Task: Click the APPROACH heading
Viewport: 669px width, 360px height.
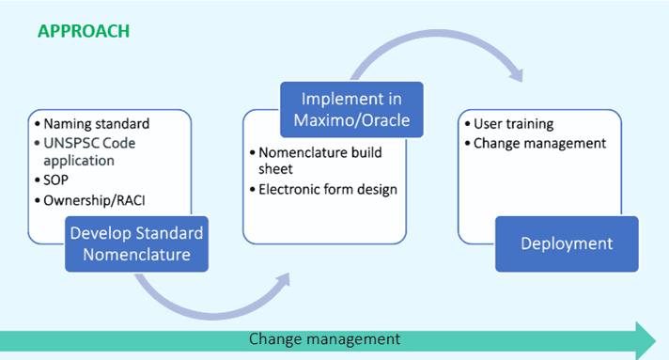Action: [84, 32]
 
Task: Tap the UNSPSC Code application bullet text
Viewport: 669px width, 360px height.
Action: [92, 151]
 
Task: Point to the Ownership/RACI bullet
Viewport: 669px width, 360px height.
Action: [95, 199]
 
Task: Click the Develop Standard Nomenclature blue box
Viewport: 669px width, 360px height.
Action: [135, 242]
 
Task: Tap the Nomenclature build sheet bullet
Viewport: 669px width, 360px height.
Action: [313, 160]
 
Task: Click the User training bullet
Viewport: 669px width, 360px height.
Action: [512, 124]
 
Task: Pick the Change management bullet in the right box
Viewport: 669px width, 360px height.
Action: [538, 143]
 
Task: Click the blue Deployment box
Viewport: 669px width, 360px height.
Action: [567, 243]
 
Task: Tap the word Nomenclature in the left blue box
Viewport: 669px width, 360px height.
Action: [135, 254]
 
